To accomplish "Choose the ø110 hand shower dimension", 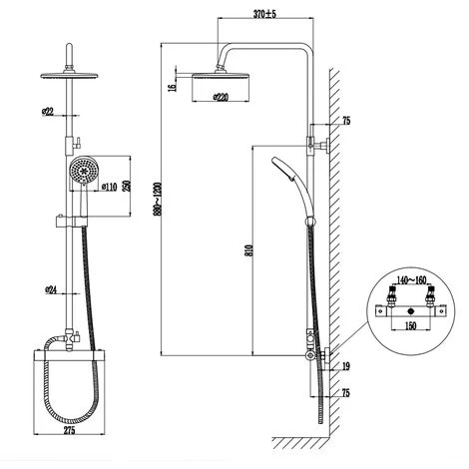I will [x=109, y=186].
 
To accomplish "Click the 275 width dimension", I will [x=70, y=434].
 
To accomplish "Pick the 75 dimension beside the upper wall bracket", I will [x=345, y=120].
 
